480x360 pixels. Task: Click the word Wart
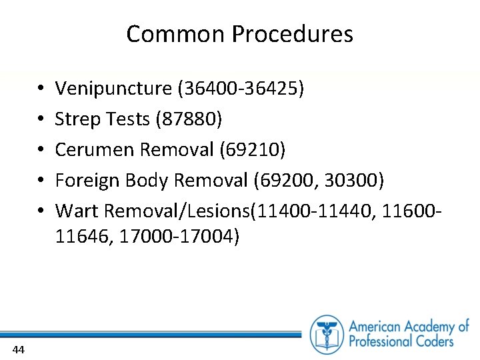click(x=73, y=211)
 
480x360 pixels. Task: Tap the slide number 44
click(x=19, y=349)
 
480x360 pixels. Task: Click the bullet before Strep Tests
click(x=41, y=119)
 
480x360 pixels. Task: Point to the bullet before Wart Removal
click(x=41, y=211)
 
